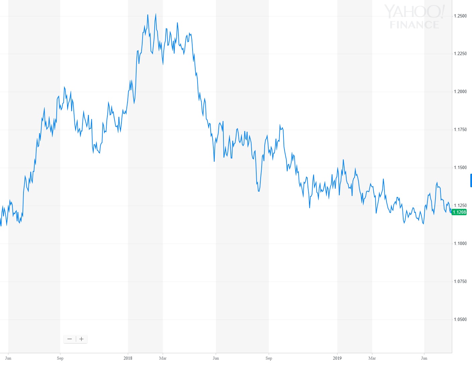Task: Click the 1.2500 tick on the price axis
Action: [x=460, y=16]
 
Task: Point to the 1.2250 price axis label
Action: [x=460, y=54]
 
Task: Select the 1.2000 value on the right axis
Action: [x=460, y=92]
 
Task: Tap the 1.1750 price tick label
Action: [x=460, y=130]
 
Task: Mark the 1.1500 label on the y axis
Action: [x=460, y=168]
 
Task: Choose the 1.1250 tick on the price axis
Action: [x=460, y=206]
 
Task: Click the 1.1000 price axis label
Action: [x=460, y=244]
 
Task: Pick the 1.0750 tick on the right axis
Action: [x=460, y=282]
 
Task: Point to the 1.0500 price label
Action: [x=460, y=320]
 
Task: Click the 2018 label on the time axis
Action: [x=128, y=358]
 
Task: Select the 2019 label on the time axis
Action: [x=337, y=358]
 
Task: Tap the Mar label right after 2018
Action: [x=163, y=358]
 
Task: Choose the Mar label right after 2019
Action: [x=372, y=358]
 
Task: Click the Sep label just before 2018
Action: [x=60, y=358]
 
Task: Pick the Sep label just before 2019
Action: [x=269, y=358]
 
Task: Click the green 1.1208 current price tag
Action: [x=459, y=212]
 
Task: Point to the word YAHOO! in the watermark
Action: [x=414, y=12]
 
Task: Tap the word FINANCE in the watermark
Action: [x=414, y=25]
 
